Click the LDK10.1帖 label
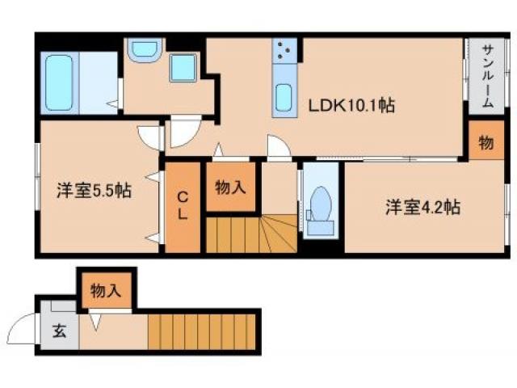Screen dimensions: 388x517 tap(349, 105)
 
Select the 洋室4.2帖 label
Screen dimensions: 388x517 tap(422, 207)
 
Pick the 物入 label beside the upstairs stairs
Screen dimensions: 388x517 tap(231, 187)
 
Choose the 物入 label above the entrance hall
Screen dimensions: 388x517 tap(106, 289)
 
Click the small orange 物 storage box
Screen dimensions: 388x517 tap(485, 143)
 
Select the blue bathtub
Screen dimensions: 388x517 tap(59, 83)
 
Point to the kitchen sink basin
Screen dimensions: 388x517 tap(284, 99)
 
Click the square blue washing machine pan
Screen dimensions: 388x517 tap(183, 68)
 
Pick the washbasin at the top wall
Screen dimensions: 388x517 tap(145, 48)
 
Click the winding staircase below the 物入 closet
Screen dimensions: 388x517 tap(251, 234)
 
